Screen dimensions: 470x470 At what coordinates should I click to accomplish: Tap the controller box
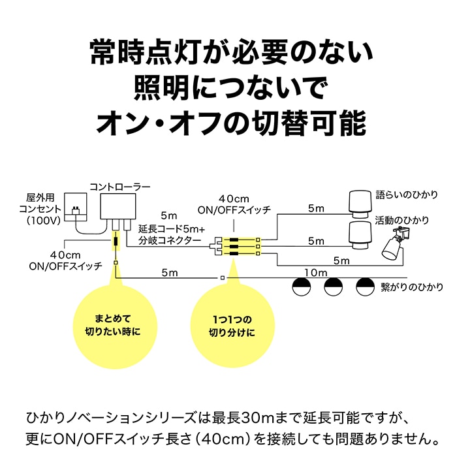point(118,208)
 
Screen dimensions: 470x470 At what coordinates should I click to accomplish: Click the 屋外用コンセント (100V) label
point(44,209)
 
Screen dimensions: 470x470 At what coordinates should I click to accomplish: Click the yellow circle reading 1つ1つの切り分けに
point(232,325)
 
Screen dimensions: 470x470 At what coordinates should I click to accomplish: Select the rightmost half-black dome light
point(366,285)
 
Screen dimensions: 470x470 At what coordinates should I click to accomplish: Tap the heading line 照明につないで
point(232,87)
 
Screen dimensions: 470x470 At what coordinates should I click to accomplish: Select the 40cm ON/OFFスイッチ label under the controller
point(65,260)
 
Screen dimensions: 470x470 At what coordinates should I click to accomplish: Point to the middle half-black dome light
point(334,285)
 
